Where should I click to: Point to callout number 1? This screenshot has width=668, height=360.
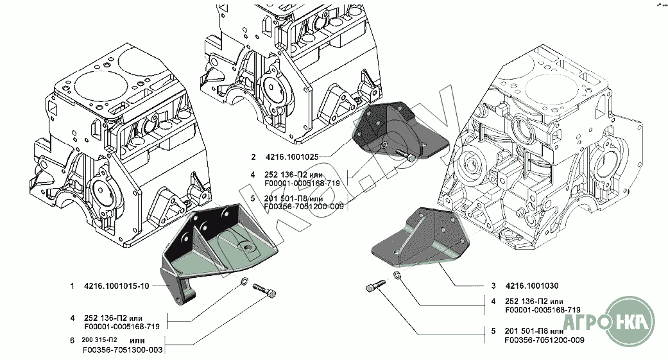coord(73,287)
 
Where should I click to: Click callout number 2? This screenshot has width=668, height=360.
coord(253,157)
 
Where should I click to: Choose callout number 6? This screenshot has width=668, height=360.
coord(73,339)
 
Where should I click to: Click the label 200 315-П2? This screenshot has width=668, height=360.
coord(99,339)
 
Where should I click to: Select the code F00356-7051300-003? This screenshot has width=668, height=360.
coord(122,350)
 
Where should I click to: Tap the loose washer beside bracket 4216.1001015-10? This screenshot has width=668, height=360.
coord(245,282)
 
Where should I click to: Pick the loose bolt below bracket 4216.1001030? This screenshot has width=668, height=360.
coord(375,286)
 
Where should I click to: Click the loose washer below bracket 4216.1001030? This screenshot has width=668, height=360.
coord(397,276)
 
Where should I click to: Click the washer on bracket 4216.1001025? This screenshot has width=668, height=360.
coord(383,145)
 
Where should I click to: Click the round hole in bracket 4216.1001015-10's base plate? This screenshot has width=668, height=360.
coord(246,246)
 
